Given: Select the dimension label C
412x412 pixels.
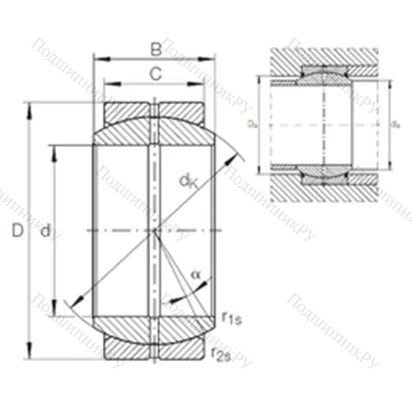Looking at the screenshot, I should coord(155,73).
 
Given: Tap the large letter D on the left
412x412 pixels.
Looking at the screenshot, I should coord(16,233).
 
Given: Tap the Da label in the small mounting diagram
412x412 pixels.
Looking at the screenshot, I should coord(251,124).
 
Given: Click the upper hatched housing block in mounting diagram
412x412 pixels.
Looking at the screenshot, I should coord(321,58).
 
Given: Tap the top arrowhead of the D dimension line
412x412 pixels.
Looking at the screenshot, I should coord(31,107).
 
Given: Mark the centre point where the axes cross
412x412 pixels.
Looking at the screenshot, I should coord(154,232).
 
